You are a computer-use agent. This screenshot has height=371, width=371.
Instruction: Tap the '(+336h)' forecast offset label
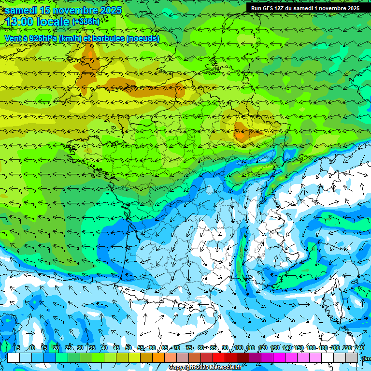coord(86,21)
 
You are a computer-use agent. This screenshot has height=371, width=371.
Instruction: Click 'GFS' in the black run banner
coord(268,8)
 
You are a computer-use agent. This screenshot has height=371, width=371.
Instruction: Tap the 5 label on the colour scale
coord(18,348)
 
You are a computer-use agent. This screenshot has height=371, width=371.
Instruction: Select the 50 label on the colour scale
coord(128,348)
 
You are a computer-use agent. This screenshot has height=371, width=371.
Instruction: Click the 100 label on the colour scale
coord(239,348)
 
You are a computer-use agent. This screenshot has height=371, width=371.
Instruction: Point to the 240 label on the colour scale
coord(359,348)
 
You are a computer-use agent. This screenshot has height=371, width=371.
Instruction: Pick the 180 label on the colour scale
coord(323,348)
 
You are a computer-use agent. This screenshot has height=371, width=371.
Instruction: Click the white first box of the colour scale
coord(14,357)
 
